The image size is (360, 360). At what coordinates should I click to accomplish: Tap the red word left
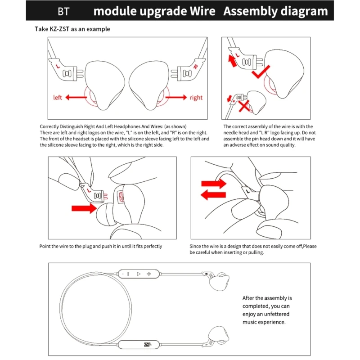coord(58,98)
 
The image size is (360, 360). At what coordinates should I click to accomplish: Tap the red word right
coord(196,98)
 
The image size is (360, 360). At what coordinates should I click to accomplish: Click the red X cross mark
coord(245,107)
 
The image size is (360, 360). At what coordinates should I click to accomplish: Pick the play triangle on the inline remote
coord(139,273)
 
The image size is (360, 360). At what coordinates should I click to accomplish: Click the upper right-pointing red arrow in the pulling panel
coord(213,183)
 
